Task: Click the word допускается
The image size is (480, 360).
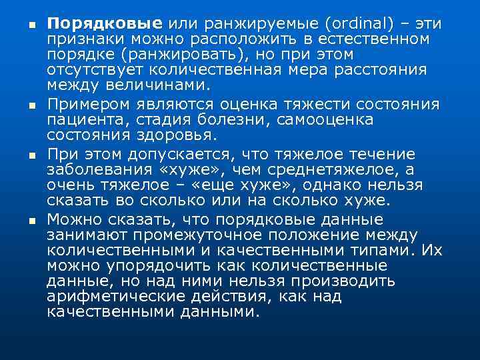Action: pyautogui.click(x=183, y=155)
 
